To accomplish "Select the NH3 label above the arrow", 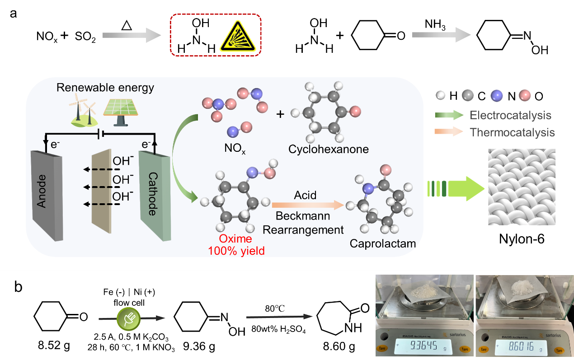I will pyautogui.click(x=435, y=25).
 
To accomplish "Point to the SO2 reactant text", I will pyautogui.click(x=85, y=37).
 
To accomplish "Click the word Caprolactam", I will pyautogui.click(x=382, y=244).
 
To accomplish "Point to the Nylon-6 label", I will pyautogui.click(x=522, y=239).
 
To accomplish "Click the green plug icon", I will pyautogui.click(x=129, y=318).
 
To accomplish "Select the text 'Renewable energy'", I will pyautogui.click(x=105, y=87).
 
